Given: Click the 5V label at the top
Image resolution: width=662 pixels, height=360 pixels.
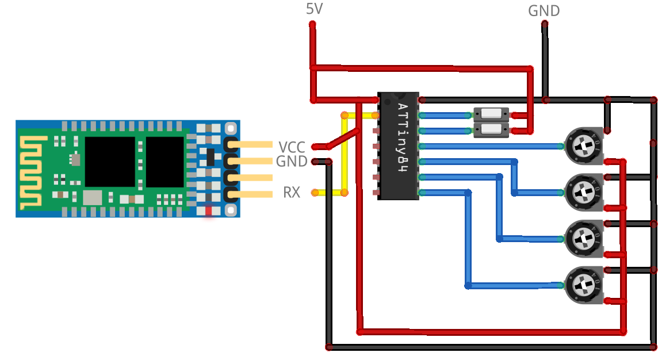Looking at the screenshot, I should pyautogui.click(x=315, y=9).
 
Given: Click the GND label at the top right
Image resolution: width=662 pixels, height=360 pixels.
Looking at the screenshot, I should pyautogui.click(x=544, y=10).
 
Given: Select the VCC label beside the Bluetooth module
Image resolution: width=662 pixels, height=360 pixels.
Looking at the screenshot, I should pyautogui.click(x=292, y=147).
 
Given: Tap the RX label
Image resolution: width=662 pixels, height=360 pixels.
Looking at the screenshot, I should pyautogui.click(x=292, y=192).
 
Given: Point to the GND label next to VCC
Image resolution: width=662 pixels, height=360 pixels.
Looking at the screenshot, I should pyautogui.click(x=292, y=162).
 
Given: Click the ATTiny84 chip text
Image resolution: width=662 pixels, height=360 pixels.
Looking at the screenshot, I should pyautogui.click(x=403, y=139).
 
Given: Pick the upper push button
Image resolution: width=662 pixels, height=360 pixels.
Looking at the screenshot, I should pyautogui.click(x=490, y=114).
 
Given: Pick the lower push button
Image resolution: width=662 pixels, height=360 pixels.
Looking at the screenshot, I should pyautogui.click(x=490, y=130).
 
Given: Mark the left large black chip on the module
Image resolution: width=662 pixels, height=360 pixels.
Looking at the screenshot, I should pyautogui.click(x=110, y=162).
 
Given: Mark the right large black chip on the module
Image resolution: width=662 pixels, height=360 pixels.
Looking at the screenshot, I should pyautogui.click(x=164, y=162).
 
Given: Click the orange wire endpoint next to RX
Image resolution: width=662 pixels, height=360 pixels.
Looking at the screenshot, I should pyautogui.click(x=315, y=192).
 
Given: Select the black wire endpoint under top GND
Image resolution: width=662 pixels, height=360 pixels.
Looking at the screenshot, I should pyautogui.click(x=544, y=24).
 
